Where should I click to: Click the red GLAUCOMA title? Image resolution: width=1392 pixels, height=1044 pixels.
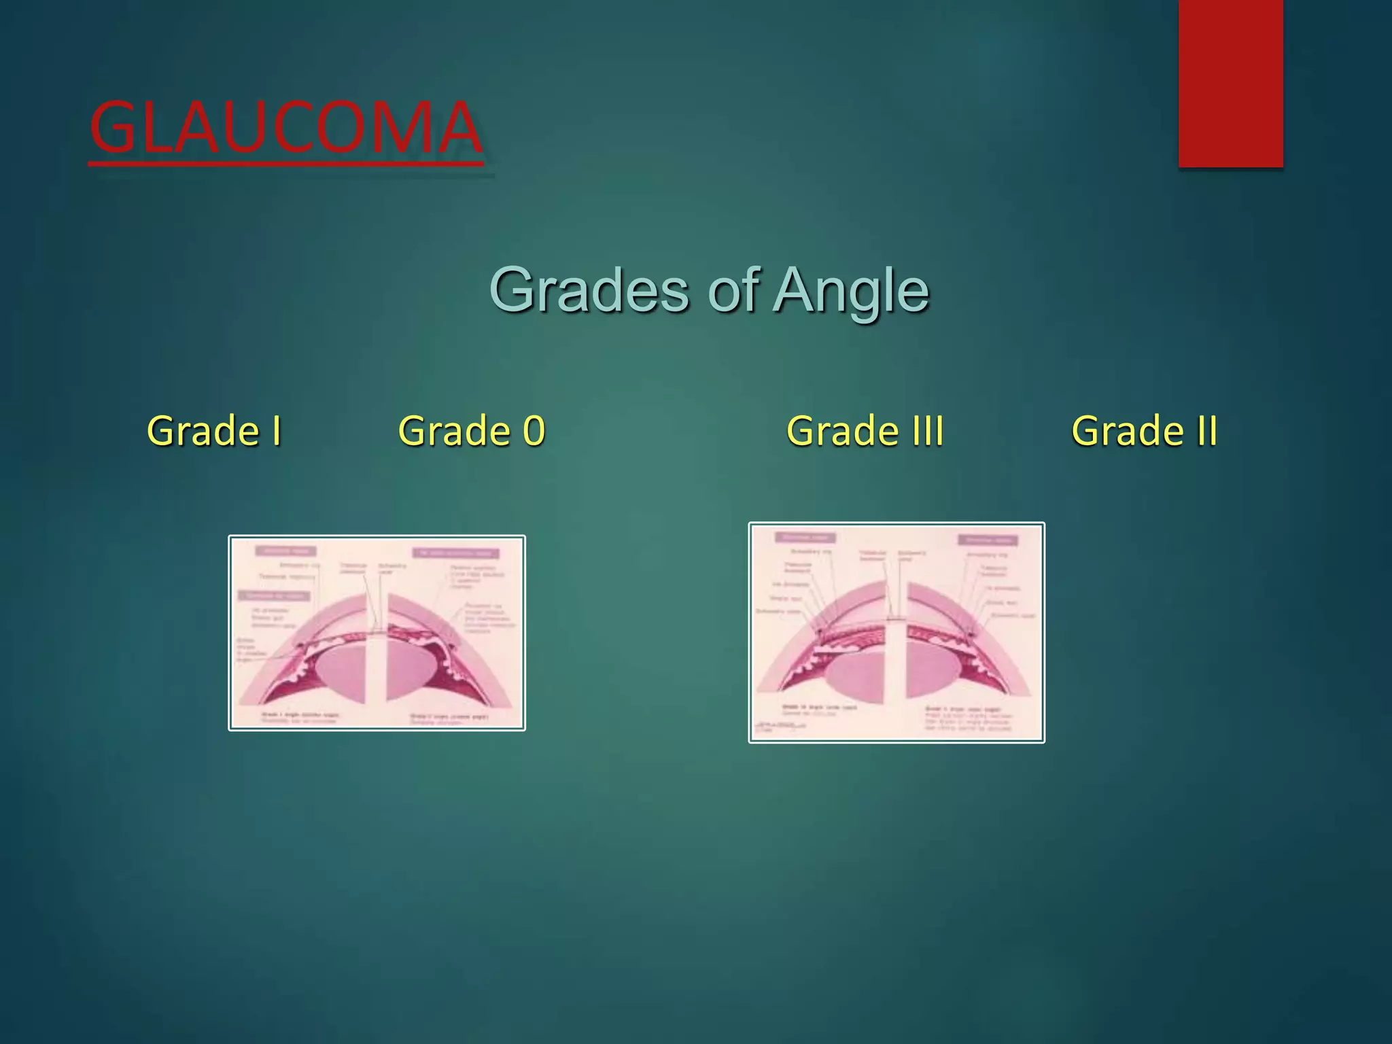tap(285, 128)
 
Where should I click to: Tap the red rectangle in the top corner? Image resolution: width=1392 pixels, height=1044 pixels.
tap(1230, 83)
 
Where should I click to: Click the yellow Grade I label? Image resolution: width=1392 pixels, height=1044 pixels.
tap(214, 431)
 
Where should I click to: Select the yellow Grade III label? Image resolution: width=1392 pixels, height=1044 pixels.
tap(865, 431)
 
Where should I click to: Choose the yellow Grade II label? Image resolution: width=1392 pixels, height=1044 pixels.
tap(1144, 431)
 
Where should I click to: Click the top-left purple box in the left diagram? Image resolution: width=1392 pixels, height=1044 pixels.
tap(285, 551)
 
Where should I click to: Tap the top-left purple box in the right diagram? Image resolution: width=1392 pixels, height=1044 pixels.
tap(805, 538)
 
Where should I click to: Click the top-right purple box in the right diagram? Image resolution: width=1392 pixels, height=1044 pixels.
tap(988, 540)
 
